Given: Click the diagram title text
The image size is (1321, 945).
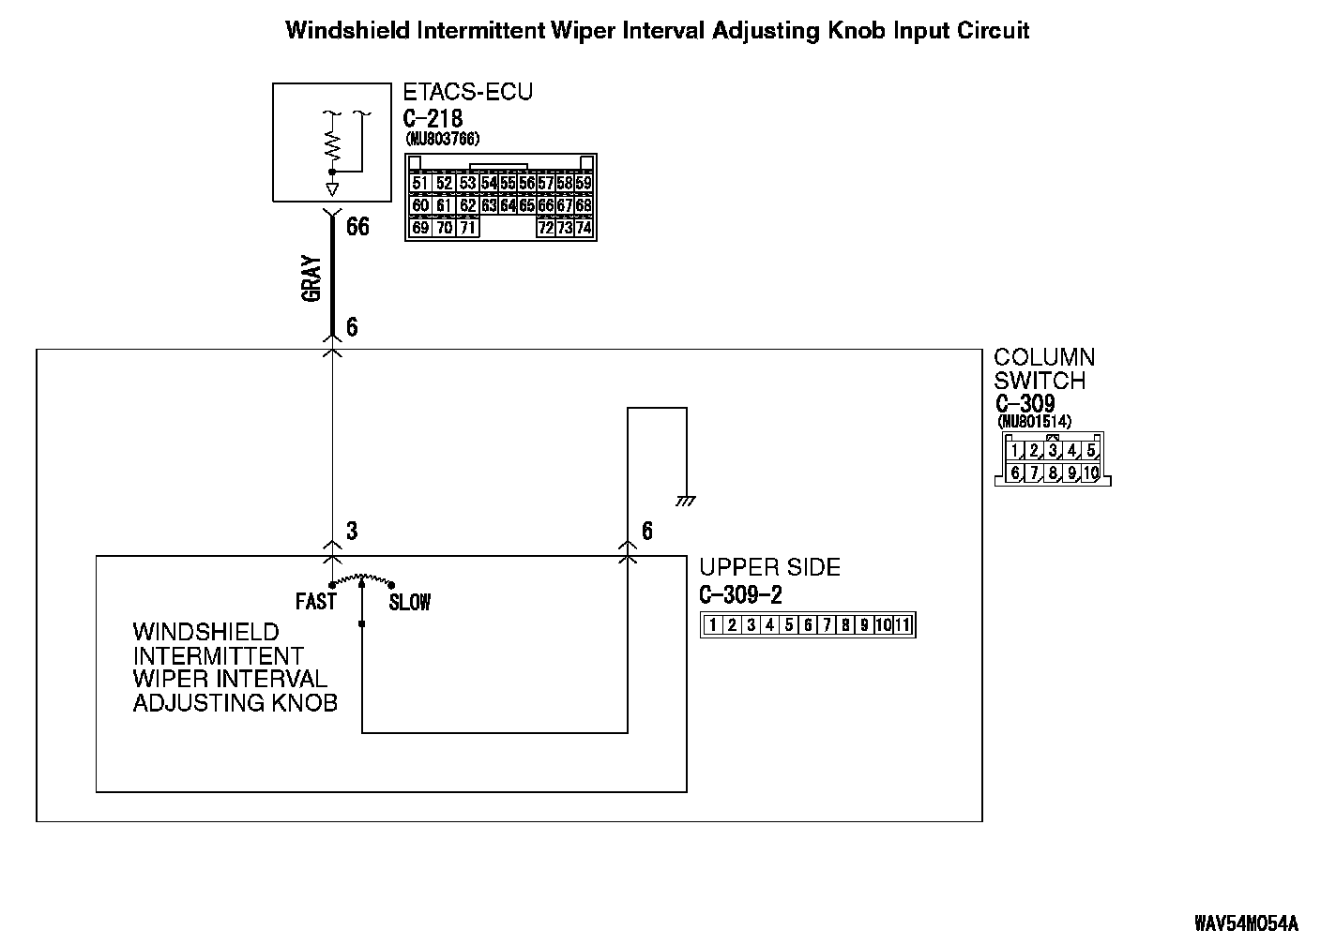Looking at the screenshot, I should (657, 31).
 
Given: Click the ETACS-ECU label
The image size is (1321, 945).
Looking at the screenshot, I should (467, 92).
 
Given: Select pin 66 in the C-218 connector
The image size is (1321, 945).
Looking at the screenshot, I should (546, 205).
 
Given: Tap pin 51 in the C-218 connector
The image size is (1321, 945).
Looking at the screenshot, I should (419, 184).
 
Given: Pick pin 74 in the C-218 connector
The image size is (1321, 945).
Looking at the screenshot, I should (584, 228).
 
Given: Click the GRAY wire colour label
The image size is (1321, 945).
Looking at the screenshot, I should (311, 278).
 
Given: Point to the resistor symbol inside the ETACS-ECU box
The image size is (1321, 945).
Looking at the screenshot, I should (331, 145).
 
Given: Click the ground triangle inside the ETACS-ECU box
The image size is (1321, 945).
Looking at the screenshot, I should (331, 188).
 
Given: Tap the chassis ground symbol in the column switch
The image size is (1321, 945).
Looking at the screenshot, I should (686, 501).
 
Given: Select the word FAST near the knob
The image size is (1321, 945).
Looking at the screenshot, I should (315, 601).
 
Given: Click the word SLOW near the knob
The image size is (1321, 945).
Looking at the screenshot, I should (410, 603).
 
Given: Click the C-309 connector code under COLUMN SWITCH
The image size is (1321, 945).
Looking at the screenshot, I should (1025, 405).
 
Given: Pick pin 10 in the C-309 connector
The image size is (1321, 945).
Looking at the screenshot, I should (1089, 473).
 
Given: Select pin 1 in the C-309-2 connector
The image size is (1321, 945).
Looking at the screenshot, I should (713, 625).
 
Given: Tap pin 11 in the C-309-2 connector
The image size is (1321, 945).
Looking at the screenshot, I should (903, 625).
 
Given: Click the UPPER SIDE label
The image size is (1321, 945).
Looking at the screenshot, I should (769, 567).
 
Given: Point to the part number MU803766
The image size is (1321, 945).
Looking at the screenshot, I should (442, 139).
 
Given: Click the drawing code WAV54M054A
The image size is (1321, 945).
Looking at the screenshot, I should (1246, 922).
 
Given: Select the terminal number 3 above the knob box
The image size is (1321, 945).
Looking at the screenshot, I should (352, 532).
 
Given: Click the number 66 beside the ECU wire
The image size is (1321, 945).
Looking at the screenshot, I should (357, 227).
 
